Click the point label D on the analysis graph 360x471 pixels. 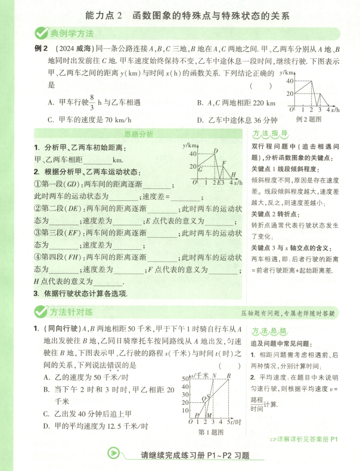pos(215,151)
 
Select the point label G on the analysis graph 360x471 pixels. pos(200,170)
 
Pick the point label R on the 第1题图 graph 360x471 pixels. pos(229,376)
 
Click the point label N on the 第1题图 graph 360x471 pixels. pos(214,376)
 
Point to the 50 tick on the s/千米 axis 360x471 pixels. pos(184,379)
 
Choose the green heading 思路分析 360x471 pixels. pos(138,134)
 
